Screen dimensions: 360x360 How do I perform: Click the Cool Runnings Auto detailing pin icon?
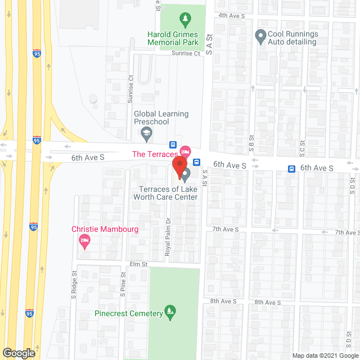click(x=260, y=38)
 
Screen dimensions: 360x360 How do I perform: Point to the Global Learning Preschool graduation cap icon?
click(x=146, y=134)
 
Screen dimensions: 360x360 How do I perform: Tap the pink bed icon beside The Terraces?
click(x=186, y=152)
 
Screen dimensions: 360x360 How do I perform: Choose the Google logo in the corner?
click(x=19, y=353)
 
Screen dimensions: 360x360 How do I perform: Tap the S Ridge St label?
click(x=74, y=285)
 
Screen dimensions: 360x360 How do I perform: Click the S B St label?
click(x=251, y=145)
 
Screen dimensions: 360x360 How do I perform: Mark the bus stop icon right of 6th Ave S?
click(x=292, y=168)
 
